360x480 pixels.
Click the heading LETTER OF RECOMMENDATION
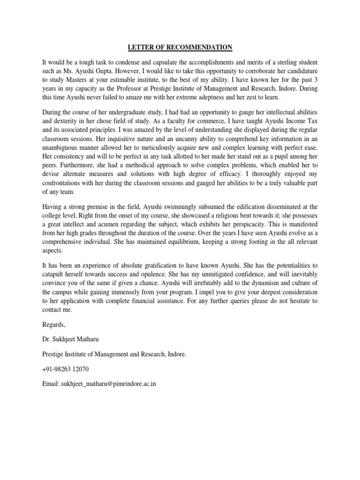180,47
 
